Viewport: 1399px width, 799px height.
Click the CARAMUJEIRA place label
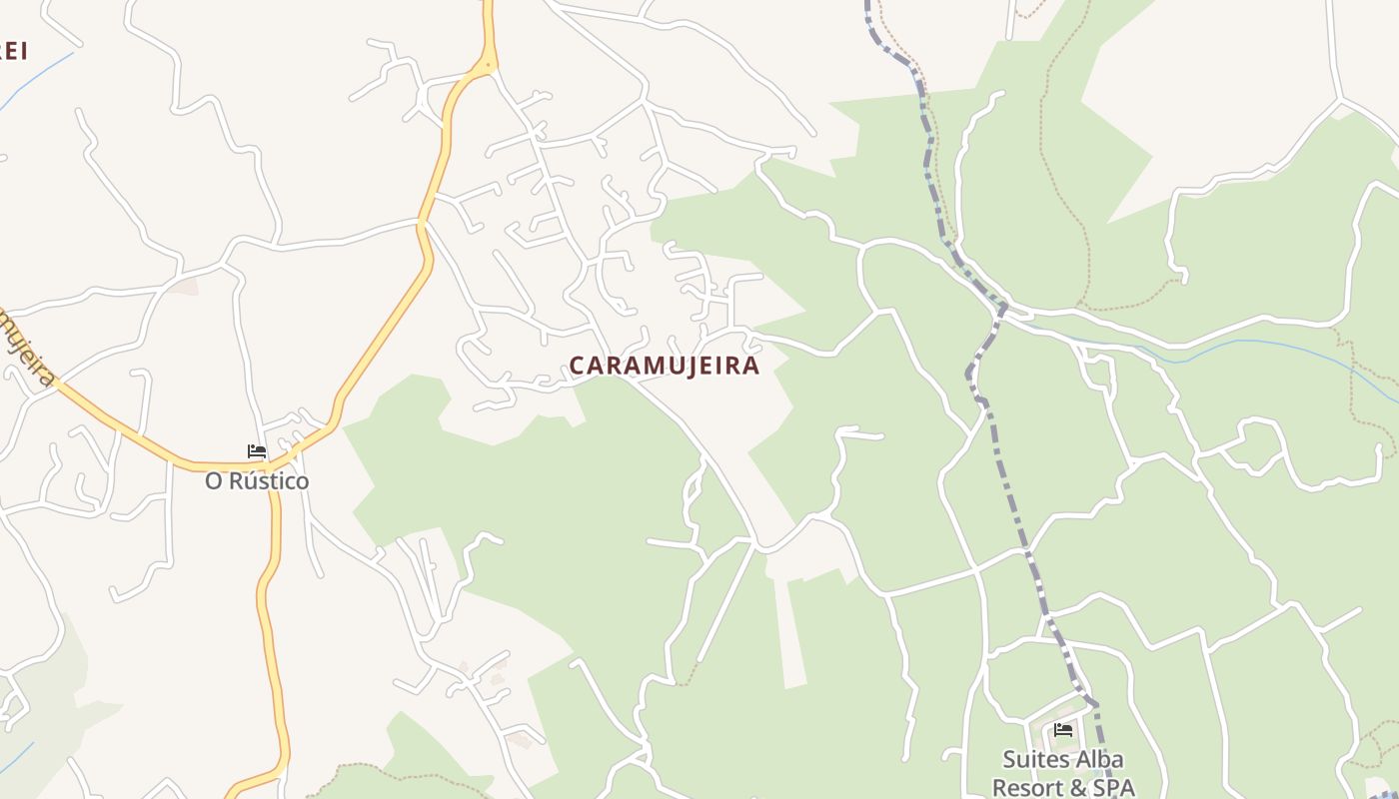click(x=665, y=366)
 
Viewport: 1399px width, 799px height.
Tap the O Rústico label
click(x=257, y=481)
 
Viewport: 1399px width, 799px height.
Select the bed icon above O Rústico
click(x=257, y=451)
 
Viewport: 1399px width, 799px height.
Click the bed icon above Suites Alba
click(x=1063, y=730)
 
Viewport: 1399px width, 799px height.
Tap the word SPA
click(x=1113, y=787)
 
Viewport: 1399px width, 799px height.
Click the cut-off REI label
click(x=12, y=50)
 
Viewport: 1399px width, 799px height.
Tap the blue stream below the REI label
click(x=35, y=80)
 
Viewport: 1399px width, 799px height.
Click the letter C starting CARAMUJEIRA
click(x=577, y=366)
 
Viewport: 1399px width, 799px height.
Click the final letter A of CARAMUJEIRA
click(x=751, y=366)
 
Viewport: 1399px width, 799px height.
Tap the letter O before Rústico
click(x=214, y=481)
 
